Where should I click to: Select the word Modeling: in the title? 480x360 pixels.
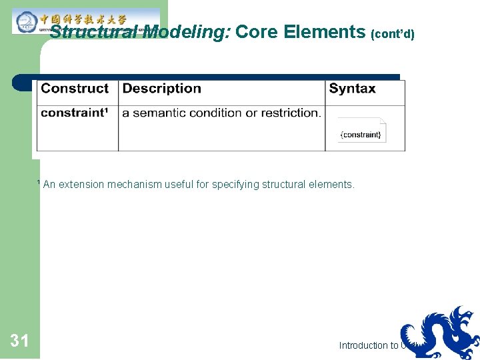click(186, 32)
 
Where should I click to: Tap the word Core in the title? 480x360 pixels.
click(257, 31)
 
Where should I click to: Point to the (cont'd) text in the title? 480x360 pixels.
click(393, 33)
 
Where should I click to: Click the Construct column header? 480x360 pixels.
click(75, 89)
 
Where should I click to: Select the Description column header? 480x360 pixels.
click(162, 89)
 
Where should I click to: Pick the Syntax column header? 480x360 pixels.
click(352, 89)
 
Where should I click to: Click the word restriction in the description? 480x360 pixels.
click(291, 113)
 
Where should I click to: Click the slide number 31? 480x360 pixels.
click(19, 341)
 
